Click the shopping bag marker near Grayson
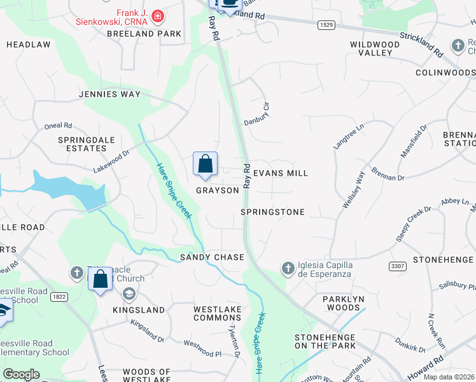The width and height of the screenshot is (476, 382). click(205, 164)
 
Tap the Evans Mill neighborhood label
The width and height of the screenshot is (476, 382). click(281, 173)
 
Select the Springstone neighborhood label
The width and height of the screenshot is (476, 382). click(273, 212)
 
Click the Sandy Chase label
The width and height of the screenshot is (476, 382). click(212, 257)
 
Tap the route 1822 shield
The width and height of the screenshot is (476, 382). click(59, 296)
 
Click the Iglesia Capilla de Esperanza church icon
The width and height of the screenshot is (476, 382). click(288, 267)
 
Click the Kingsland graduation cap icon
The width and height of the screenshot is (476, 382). click(129, 294)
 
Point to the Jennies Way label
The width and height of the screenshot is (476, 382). click(109, 94)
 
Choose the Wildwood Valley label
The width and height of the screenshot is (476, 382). click(375, 48)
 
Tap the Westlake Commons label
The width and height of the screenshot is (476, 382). click(218, 313)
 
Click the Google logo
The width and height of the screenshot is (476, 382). click(21, 374)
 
